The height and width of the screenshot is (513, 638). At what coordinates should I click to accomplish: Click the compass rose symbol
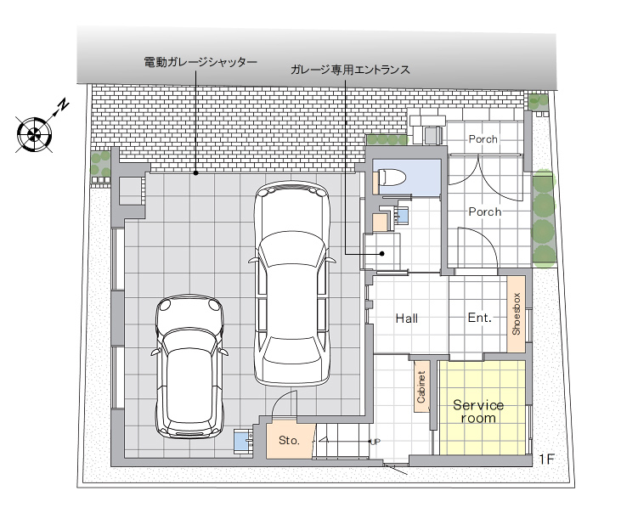click(34, 134)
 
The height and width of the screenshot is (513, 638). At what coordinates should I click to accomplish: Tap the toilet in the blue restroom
click(392, 178)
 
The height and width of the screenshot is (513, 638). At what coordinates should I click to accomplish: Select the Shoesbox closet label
click(516, 313)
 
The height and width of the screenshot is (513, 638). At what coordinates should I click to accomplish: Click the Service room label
click(478, 411)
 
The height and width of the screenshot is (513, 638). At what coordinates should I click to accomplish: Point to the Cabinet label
click(421, 386)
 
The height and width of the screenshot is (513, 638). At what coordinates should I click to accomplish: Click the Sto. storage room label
click(289, 440)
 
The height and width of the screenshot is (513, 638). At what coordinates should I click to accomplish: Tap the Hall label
click(406, 319)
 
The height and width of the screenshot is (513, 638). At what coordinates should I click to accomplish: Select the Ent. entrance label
click(480, 318)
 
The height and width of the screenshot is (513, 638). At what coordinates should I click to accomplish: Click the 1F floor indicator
click(546, 459)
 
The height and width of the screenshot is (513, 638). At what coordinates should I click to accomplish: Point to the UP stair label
click(375, 442)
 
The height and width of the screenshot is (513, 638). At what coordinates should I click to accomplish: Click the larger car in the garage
click(291, 283)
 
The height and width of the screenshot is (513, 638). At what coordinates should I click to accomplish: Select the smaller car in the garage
click(189, 366)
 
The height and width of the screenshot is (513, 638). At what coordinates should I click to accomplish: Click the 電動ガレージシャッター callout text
click(200, 62)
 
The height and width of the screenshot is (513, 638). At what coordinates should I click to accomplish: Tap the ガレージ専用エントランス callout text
click(350, 70)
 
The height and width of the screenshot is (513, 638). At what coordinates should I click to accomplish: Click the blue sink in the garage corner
click(243, 440)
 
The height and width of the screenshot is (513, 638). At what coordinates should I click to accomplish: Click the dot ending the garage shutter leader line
click(195, 173)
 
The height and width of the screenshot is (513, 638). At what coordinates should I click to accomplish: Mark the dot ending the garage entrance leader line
click(382, 254)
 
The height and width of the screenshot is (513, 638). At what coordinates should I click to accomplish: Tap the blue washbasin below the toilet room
click(402, 214)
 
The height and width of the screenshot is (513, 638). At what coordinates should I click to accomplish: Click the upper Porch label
click(483, 139)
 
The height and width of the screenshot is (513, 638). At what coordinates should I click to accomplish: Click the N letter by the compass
click(63, 104)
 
